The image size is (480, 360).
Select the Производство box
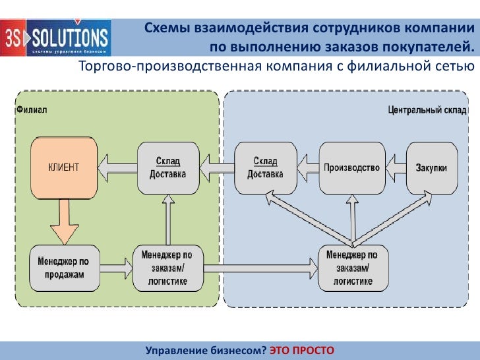(x=351, y=167)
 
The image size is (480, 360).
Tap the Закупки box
(x=431, y=167)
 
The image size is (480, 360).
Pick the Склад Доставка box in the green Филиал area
(x=167, y=167)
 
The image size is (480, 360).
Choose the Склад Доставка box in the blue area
(x=265, y=167)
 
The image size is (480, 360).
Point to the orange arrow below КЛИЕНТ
(x=65, y=222)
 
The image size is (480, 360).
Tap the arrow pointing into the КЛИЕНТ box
(x=117, y=167)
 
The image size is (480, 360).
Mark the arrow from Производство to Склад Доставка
(x=307, y=167)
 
